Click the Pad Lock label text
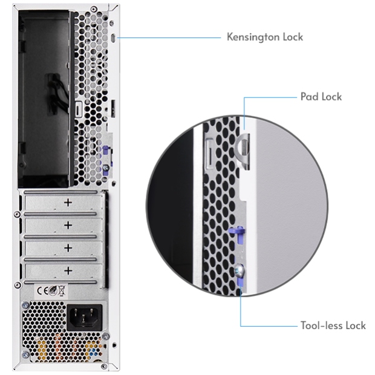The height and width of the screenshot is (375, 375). point(321,97)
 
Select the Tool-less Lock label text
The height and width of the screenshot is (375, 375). point(333,325)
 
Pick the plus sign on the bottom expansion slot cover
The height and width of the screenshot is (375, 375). point(68,270)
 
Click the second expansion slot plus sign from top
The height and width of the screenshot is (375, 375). point(68,225)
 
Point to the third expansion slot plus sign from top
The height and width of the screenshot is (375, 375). point(68,248)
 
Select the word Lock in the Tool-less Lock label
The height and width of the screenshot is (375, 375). point(354,325)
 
